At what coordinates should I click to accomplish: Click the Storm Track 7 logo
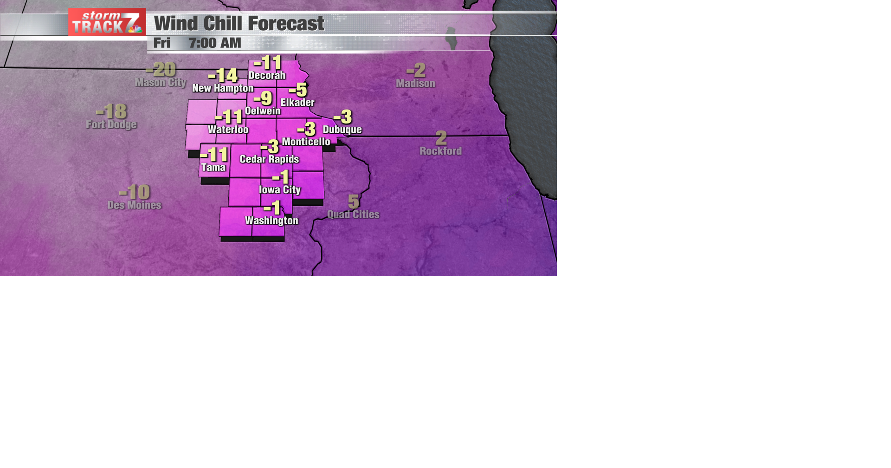pos(107,22)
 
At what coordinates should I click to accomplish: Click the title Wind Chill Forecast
pos(239,24)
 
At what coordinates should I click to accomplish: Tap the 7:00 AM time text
pos(214,43)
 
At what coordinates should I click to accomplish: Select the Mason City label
pos(160,83)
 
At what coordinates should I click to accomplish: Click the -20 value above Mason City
pos(161,70)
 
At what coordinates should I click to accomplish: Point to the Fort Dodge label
pos(111,124)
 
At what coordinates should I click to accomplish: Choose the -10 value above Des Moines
pos(135,192)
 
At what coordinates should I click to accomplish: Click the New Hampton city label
pos(223,88)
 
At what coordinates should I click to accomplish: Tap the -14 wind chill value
pos(223,75)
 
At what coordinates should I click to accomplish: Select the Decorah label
pos(267,75)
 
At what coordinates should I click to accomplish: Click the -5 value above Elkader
pos(298,89)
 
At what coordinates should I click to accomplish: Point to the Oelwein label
pos(263,111)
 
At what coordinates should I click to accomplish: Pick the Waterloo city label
pos(228,130)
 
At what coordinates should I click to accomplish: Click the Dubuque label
pos(342,130)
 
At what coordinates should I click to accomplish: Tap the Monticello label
pos(306,142)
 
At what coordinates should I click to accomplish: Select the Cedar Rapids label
pos(269,159)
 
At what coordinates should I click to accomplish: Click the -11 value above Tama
pos(214,155)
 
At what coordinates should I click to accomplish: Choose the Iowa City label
pos(280,189)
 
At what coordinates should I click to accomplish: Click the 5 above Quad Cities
pos(354,201)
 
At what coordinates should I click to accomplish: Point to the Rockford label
pos(440,151)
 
